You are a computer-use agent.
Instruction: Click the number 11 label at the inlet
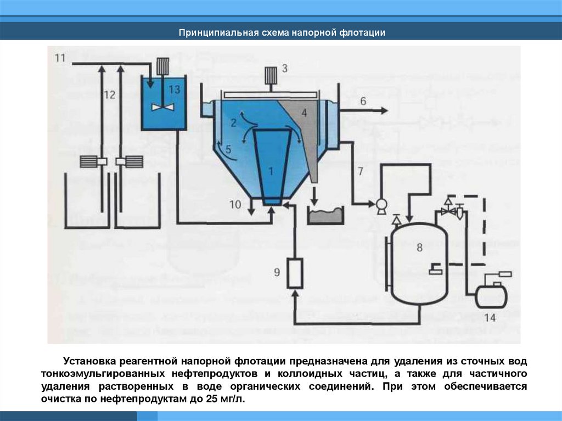click(x=60, y=58)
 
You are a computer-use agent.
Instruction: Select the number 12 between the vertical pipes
click(x=109, y=94)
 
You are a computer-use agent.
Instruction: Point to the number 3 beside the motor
click(x=284, y=68)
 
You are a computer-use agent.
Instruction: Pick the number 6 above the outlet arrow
click(x=363, y=100)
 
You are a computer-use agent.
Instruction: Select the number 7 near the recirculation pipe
click(x=360, y=170)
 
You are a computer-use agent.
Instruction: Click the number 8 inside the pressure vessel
click(x=420, y=248)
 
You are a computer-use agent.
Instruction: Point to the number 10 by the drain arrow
click(x=235, y=204)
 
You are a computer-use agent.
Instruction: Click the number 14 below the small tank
click(x=490, y=317)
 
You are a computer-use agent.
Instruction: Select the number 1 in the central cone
click(x=271, y=171)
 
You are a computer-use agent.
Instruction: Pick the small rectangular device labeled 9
click(x=295, y=273)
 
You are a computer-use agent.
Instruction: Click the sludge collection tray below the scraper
click(x=325, y=216)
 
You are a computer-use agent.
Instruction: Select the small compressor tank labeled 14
click(x=490, y=295)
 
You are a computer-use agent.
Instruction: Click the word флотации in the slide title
click(x=362, y=32)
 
